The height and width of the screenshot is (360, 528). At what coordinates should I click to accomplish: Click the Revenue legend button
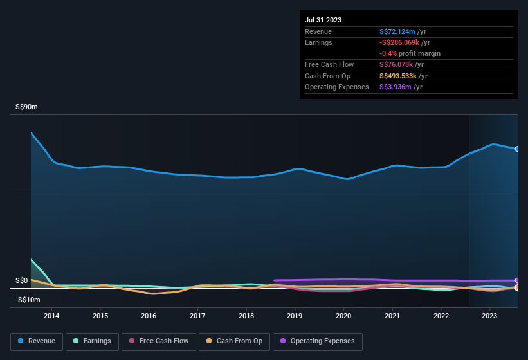coord(37,341)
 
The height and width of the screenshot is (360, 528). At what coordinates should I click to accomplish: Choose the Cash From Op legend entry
coord(233,341)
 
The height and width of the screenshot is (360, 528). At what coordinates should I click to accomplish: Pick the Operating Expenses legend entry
coord(317,341)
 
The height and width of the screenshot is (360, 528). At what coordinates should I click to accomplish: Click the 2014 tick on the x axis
coord(51,316)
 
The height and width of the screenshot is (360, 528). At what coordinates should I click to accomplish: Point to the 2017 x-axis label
coord(197,316)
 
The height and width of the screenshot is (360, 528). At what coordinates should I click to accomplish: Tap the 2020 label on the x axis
coord(343,316)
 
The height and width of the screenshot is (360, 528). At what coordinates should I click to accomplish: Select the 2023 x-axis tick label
coord(489,316)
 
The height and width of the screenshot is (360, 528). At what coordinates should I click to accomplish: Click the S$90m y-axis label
coord(27,107)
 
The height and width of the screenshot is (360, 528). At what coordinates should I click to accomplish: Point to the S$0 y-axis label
coord(22,281)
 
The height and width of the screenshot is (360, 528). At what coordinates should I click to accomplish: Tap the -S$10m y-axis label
coord(28,300)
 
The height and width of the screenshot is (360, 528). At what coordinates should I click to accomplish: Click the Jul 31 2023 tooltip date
coord(323,20)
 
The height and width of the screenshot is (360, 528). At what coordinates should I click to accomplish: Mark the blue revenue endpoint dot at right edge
coord(517,149)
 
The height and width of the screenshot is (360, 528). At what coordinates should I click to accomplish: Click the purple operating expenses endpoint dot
coord(517,281)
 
